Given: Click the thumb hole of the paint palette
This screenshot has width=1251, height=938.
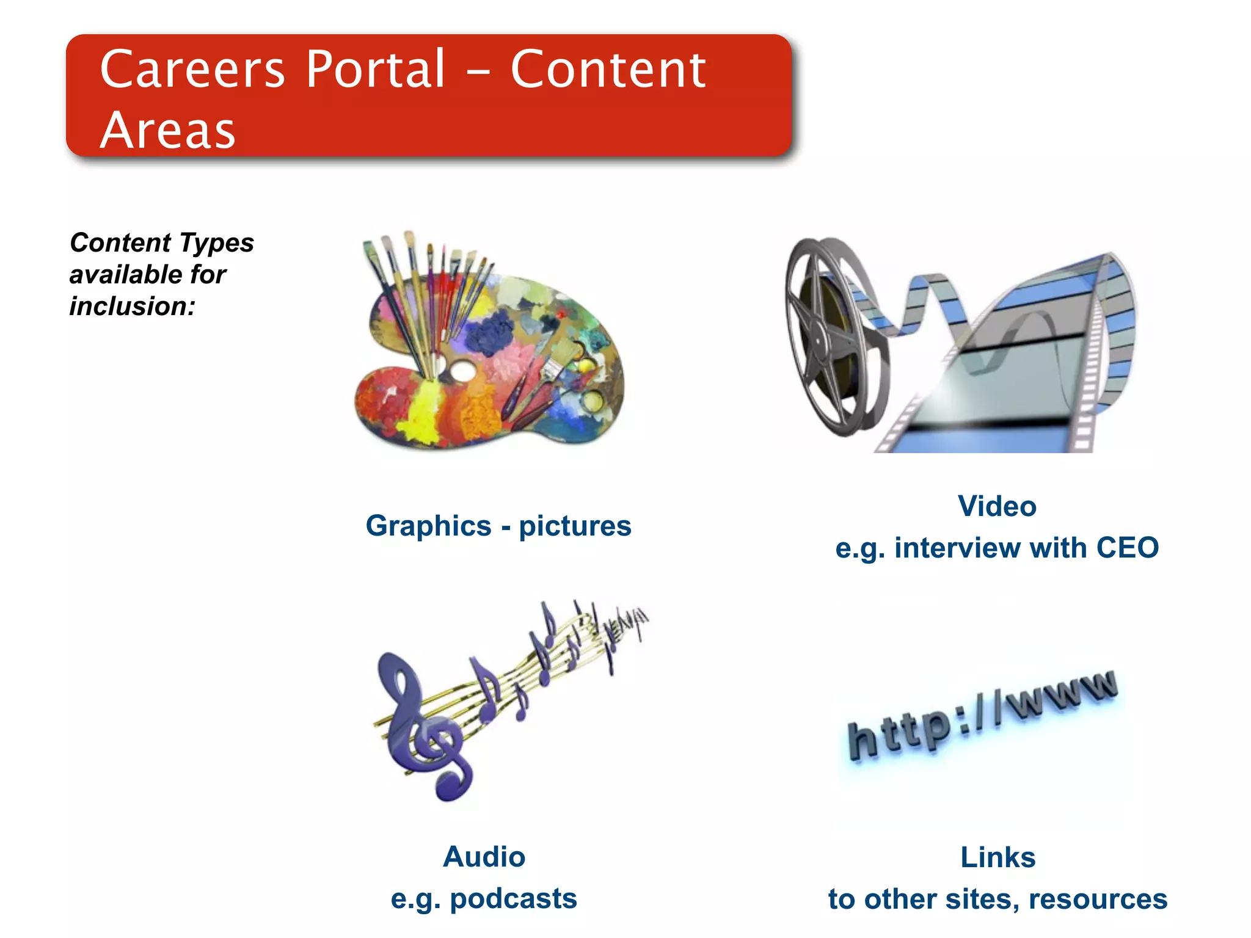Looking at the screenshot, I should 461,370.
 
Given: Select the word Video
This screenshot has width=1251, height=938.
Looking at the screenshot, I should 997,506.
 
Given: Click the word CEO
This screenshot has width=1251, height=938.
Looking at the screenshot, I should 1127,547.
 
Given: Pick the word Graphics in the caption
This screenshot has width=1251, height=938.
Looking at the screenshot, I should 428,526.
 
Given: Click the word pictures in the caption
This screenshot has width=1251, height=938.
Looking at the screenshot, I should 575,526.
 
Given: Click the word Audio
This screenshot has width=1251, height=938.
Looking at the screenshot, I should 484,857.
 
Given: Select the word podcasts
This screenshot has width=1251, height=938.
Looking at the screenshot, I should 513,898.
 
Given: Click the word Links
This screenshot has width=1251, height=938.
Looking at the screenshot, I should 998,857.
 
